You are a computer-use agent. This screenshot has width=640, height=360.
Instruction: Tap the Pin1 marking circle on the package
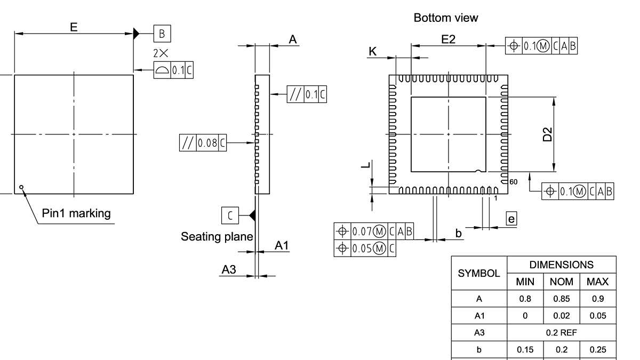21,187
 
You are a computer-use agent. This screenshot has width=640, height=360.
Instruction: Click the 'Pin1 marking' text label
76,213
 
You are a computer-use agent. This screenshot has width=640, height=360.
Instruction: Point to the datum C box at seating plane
230,215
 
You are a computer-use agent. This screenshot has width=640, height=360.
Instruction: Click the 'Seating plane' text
217,236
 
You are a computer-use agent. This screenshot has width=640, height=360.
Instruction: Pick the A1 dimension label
282,245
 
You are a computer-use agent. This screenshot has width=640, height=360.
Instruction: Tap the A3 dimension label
229,270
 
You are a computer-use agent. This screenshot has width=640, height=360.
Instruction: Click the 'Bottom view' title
446,18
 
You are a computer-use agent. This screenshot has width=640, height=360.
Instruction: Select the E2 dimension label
448,39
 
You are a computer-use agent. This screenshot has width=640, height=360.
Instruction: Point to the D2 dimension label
548,134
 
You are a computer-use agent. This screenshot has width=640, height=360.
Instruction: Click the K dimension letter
373,51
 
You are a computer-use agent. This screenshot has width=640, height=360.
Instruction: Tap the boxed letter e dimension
511,218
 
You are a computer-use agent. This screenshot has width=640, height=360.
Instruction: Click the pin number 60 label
513,182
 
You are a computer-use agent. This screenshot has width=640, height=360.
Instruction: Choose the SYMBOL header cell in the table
479,273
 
